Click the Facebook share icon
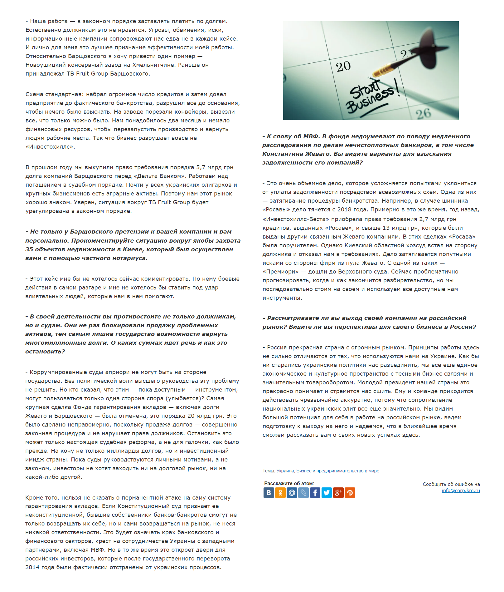tap(315, 493)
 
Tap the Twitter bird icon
tap(327, 493)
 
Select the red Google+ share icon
tap(338, 493)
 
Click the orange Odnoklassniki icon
tap(280, 493)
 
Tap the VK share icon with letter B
tap(269, 493)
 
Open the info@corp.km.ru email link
tap(461, 490)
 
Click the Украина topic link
tap(285, 471)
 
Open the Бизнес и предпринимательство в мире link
tap(338, 471)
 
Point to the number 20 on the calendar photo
tap(343, 67)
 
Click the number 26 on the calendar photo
tap(423, 114)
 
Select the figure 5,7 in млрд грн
tap(201, 167)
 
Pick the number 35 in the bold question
tap(29, 249)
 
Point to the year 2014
tap(32, 567)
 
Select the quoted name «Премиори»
tap(281, 272)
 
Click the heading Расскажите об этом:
tap(289, 483)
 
